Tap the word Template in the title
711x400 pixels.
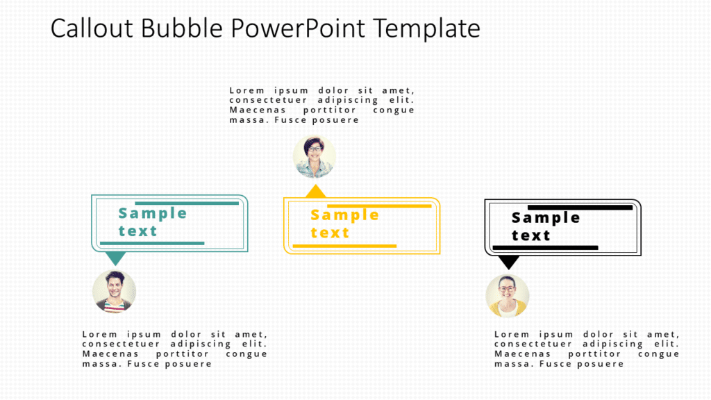point(426,28)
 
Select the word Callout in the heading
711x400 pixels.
point(93,28)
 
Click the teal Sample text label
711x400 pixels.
point(152,222)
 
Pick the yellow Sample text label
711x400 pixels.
point(344,224)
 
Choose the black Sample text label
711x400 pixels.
point(546,226)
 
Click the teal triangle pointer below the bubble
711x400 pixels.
point(115,258)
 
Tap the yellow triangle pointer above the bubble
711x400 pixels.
point(316,191)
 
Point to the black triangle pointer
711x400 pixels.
point(509,262)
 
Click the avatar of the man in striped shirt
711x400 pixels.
point(115,292)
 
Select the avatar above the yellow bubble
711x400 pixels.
point(315,157)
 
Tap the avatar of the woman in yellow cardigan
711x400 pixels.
point(508,296)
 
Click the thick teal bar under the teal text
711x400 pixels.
point(152,243)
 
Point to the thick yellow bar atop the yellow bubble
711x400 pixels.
point(379,206)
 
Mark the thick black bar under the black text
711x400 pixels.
point(545,247)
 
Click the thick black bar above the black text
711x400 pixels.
point(580,207)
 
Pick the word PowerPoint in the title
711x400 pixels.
point(299,28)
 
